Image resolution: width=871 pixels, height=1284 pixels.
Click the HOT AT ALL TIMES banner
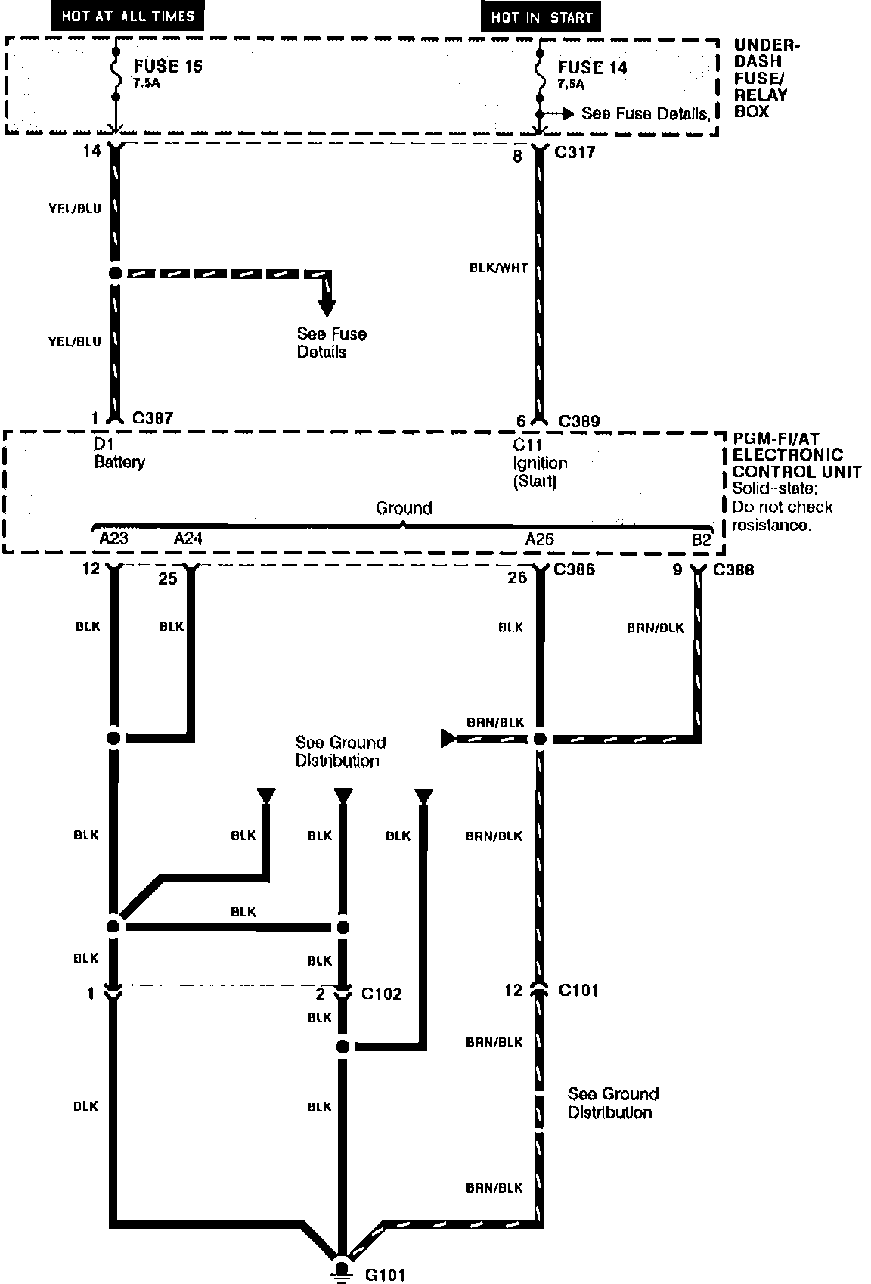point(128,15)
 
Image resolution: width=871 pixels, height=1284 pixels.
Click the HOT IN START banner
point(541,17)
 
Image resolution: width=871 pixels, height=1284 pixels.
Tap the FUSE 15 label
point(168,67)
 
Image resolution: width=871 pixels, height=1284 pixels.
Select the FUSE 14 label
point(593,68)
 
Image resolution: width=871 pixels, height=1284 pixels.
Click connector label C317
point(575,153)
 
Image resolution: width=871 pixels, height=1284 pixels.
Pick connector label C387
point(153,418)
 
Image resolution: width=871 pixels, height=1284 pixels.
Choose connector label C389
point(579,421)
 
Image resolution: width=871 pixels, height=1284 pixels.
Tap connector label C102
point(381,994)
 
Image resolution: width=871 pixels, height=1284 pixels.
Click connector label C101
point(578,990)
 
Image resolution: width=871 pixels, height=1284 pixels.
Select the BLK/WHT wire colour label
point(498,268)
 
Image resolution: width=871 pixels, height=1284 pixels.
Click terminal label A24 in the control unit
point(188,538)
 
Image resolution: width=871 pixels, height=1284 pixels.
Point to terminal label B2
point(702,540)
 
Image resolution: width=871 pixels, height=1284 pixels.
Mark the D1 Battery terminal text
point(119,454)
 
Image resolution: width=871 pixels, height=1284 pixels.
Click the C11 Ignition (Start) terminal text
point(539,463)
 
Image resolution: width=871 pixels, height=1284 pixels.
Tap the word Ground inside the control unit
point(404,508)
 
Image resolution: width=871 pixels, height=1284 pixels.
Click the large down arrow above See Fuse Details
point(327,303)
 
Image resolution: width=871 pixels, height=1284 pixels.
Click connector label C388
point(733,569)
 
